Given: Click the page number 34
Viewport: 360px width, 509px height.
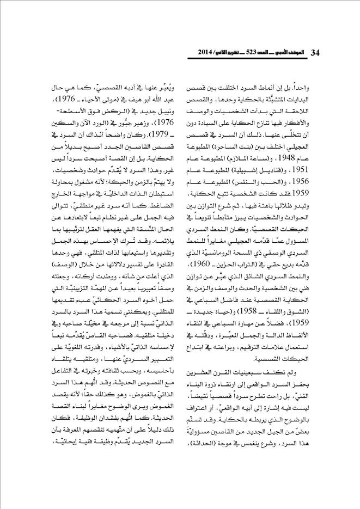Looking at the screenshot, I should point(315,53).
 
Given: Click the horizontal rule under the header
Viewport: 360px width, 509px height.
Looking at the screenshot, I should point(180,59).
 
